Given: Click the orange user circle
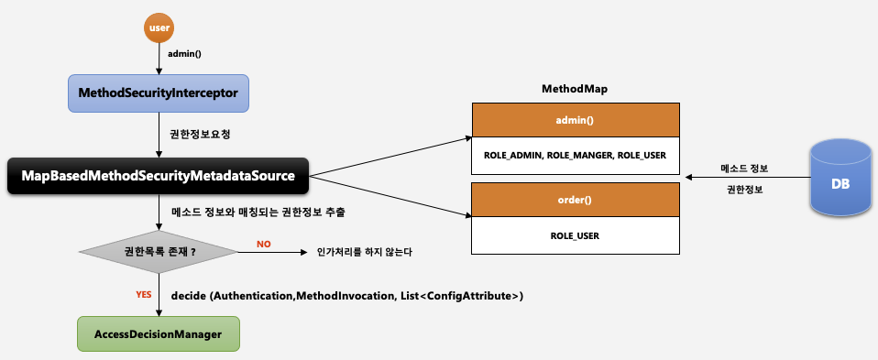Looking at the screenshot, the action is pyautogui.click(x=159, y=27).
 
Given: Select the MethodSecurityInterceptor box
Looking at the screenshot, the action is pyautogui.click(x=159, y=93).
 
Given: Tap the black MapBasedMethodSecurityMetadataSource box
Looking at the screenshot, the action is pyautogui.click(x=158, y=176).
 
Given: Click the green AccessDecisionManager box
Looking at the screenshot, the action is pyautogui.click(x=159, y=333).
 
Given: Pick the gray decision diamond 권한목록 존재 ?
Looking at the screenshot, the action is pyautogui.click(x=159, y=252).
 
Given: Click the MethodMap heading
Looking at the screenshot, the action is pyautogui.click(x=575, y=89).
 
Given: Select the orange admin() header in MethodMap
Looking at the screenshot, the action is pyautogui.click(x=576, y=120).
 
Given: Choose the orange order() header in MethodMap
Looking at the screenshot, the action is pyautogui.click(x=576, y=200).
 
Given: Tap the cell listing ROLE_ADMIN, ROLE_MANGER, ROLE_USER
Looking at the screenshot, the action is pyautogui.click(x=576, y=155).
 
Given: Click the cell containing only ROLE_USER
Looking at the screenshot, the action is pyautogui.click(x=576, y=235).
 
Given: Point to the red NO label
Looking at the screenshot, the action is pyautogui.click(x=264, y=244).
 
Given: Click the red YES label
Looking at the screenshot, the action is pyautogui.click(x=144, y=294).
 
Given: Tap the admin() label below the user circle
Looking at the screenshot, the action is pyautogui.click(x=185, y=54).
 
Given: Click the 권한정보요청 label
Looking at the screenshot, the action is pyautogui.click(x=193, y=135).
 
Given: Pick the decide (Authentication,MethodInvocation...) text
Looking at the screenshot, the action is pyautogui.click(x=347, y=296).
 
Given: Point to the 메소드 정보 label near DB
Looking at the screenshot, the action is pyautogui.click(x=744, y=168).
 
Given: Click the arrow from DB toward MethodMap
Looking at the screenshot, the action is pyautogui.click(x=748, y=178).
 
